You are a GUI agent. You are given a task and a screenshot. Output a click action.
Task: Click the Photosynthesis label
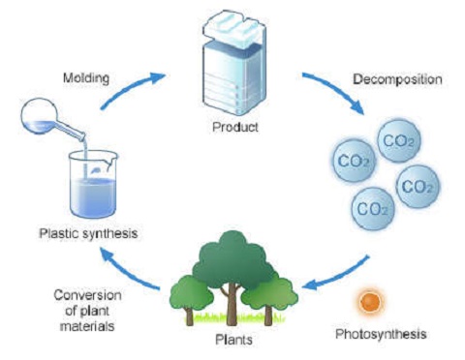(x=371, y=335)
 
